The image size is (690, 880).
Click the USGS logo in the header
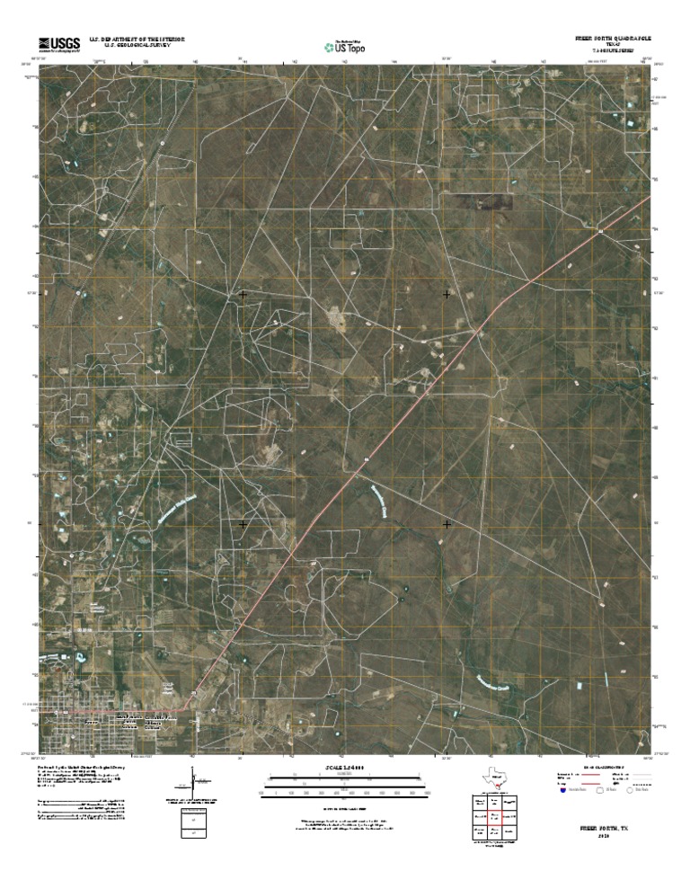point(58,43)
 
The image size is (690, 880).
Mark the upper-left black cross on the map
point(243,294)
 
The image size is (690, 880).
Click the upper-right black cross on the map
point(447,294)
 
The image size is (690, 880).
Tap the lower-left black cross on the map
point(243,523)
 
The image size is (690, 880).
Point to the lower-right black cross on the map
point(447,523)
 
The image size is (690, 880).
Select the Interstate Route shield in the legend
point(563,791)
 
